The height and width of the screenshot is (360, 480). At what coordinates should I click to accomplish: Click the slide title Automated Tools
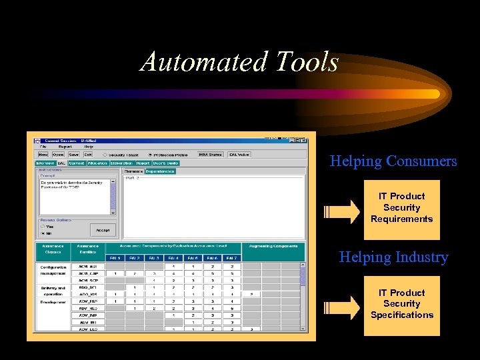click(239, 62)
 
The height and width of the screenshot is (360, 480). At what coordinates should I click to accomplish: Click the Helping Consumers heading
click(393, 161)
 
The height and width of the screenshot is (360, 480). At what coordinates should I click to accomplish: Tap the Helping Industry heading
click(393, 257)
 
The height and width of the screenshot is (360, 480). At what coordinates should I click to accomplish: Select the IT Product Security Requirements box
click(401, 208)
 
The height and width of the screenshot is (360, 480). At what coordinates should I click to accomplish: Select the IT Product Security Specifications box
click(401, 304)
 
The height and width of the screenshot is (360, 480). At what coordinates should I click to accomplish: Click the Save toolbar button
click(73, 155)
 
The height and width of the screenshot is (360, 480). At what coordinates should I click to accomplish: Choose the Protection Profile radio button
click(151, 155)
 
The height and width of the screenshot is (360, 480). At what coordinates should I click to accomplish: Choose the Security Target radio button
click(105, 155)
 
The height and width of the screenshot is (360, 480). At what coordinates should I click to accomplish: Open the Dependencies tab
click(160, 171)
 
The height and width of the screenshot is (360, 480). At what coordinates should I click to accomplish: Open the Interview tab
click(44, 163)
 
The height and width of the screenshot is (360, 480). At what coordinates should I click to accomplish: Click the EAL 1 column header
click(115, 257)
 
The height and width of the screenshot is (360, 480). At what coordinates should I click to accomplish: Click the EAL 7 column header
click(231, 257)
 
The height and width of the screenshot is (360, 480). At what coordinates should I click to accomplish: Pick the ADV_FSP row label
click(87, 301)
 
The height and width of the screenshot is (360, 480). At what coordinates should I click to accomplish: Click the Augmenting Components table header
click(273, 247)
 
